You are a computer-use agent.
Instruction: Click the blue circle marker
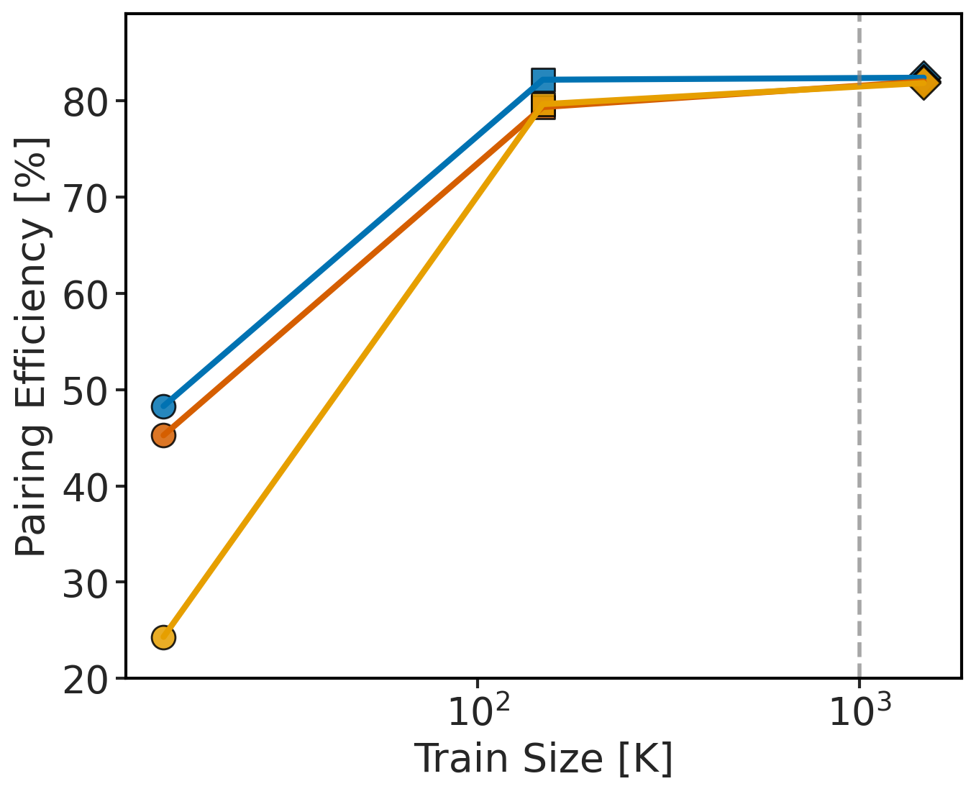(164, 406)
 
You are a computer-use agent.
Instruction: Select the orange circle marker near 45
(164, 435)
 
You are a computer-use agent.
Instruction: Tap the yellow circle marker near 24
(164, 637)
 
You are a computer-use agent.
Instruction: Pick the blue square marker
(544, 80)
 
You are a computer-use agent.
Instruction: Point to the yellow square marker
(544, 104)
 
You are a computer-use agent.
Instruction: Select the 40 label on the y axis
(85, 487)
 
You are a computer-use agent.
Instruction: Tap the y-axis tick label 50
(85, 391)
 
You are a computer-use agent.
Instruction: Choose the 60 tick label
(85, 294)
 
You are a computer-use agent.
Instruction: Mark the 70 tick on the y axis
(85, 198)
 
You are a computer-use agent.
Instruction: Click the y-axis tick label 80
(85, 101)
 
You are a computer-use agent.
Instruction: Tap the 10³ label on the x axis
(860, 712)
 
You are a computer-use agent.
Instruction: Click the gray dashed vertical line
(859, 360)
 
